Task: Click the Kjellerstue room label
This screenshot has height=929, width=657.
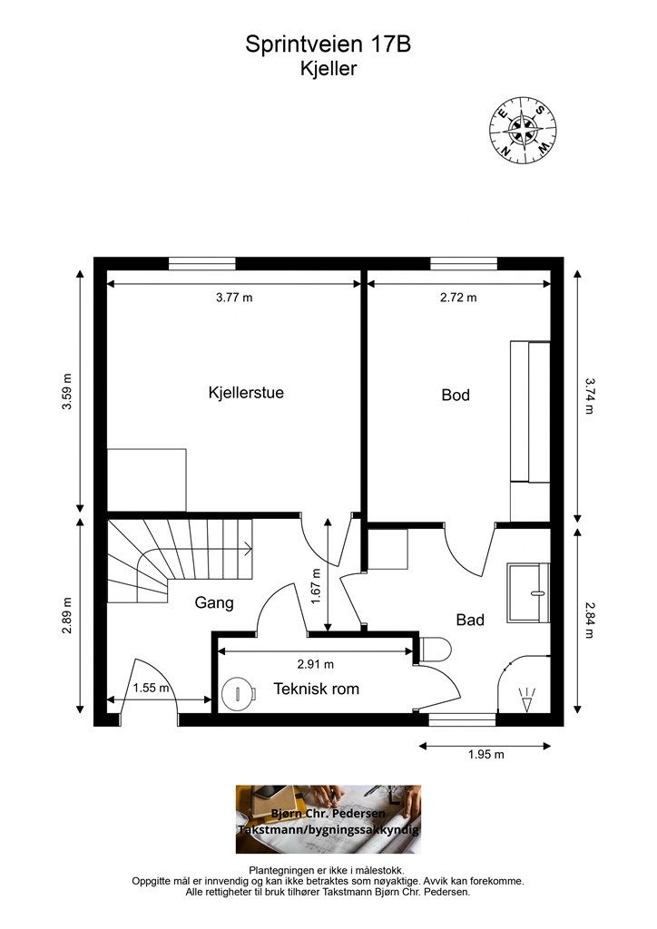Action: [x=246, y=393]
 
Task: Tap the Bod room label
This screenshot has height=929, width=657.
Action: [x=456, y=396]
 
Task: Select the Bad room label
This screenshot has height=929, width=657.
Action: [x=470, y=621]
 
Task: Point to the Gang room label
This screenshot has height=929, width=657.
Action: [x=214, y=603]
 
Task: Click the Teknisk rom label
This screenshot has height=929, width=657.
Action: [x=317, y=689]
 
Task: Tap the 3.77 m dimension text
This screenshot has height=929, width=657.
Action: [x=234, y=298]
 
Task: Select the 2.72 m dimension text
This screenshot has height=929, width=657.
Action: [x=458, y=298]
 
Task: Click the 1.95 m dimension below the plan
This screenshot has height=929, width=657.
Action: [x=485, y=755]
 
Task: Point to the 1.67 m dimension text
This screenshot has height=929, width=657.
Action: [x=316, y=587]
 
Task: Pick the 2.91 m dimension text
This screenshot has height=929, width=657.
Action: [x=315, y=665]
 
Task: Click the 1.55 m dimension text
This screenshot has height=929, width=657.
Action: [x=151, y=688]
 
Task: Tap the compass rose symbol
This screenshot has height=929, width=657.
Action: [x=523, y=129]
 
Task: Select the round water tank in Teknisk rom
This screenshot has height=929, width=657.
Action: [x=238, y=693]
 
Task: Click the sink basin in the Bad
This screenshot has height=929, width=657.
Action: [x=528, y=593]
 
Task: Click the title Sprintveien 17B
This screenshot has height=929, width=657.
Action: [x=328, y=44]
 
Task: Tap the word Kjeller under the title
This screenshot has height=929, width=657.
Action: [x=328, y=69]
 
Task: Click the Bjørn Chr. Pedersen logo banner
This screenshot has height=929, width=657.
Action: [x=328, y=819]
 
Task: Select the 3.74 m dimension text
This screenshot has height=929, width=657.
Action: [x=589, y=396]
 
